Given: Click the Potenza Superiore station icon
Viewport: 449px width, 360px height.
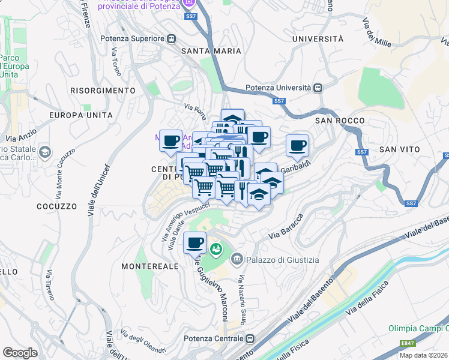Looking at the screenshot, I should tap(171, 38).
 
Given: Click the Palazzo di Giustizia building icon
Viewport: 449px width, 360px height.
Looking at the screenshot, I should tap(237, 259).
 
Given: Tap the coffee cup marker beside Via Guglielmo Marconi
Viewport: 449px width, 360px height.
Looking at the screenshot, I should tap(194, 243).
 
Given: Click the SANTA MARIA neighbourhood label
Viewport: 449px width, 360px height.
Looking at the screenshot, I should tap(211, 51).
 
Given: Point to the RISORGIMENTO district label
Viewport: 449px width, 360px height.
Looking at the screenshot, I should tap(94, 90).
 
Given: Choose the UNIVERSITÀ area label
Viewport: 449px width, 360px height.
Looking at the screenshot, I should tap(318, 38).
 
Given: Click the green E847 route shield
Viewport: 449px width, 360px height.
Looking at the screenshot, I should tap(408, 343).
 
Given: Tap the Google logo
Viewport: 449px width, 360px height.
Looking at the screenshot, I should tap(20, 352).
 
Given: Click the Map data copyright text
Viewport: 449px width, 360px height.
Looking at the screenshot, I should tap(423, 355).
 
